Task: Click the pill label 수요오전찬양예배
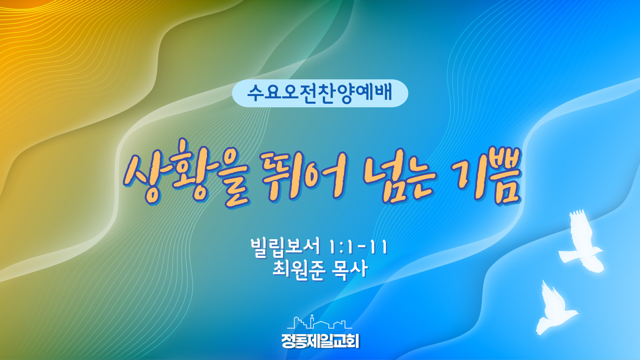click(x=320, y=93)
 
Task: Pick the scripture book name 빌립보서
click(x=285, y=247)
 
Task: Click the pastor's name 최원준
click(x=299, y=269)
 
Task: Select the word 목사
click(x=350, y=269)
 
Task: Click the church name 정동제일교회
click(x=320, y=341)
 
